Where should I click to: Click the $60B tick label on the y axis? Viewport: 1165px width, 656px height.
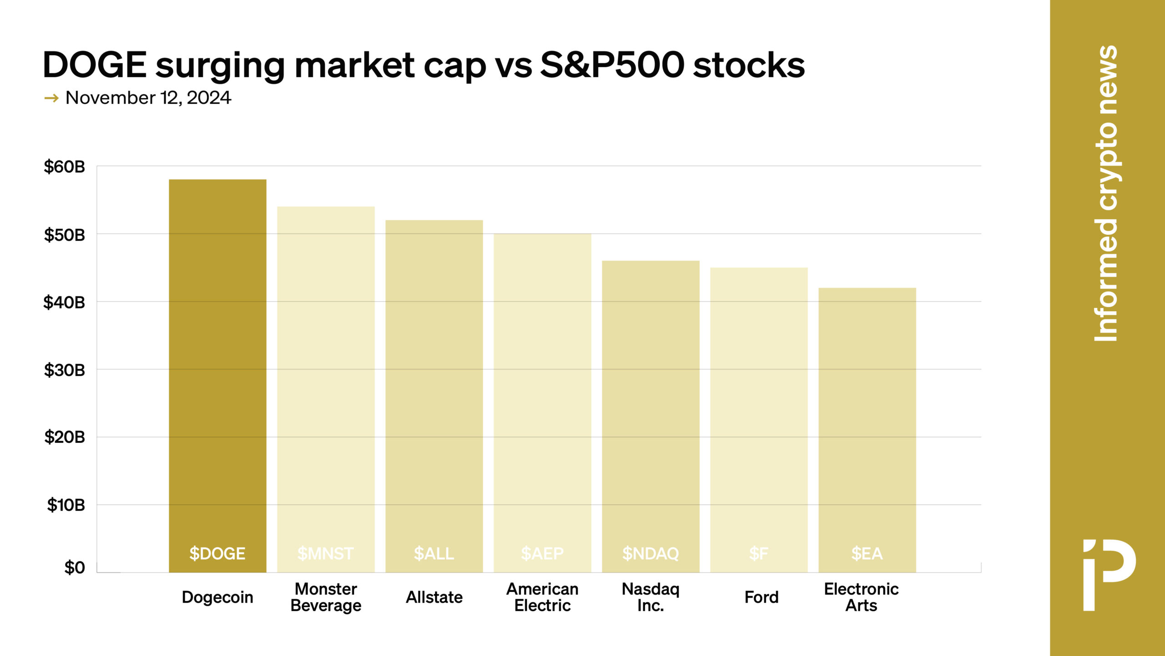point(64,167)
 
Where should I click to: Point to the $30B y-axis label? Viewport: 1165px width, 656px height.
point(64,370)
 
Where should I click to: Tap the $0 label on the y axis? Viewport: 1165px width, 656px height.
point(75,568)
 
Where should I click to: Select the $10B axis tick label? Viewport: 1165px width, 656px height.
point(66,505)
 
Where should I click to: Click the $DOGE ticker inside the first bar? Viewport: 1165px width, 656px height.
point(218,553)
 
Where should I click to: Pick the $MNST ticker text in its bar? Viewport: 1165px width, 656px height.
point(325,553)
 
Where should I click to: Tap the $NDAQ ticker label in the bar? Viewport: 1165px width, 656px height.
point(651,553)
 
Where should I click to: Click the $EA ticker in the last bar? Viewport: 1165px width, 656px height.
point(867,553)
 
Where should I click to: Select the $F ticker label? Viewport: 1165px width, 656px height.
point(759,553)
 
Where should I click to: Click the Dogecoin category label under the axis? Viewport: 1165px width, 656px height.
point(218,597)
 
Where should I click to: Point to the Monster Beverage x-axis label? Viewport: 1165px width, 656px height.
point(326,597)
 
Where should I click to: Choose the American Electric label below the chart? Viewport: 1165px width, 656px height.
point(542,597)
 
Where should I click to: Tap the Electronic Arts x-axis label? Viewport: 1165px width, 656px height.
point(861,597)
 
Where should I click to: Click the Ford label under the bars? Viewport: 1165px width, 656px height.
point(761,597)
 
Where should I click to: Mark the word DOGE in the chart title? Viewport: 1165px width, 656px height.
point(95,65)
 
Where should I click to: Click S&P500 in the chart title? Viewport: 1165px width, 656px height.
point(612,65)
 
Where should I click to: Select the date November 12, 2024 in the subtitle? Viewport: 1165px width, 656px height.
point(148,98)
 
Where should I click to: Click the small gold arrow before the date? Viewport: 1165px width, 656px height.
point(51,98)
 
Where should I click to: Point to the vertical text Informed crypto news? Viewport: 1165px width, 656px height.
point(1106,193)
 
